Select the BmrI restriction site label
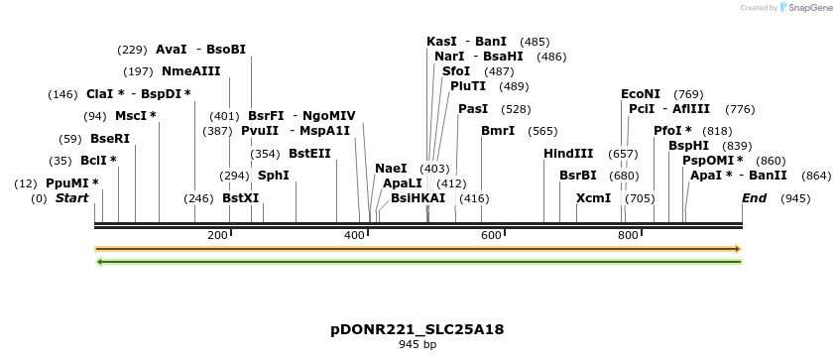coord(498,131)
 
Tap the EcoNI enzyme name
coord(641,93)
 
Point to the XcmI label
coord(593,198)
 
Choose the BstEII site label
coord(309,154)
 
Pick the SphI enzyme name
coord(274,176)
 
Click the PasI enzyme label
coord(473,109)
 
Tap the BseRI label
coord(110,139)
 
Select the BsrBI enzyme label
coord(578,176)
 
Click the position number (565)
coord(542,131)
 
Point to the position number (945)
coord(795,198)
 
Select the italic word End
coord(755,198)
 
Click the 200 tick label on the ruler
coord(217,235)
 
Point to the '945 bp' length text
coord(418,345)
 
